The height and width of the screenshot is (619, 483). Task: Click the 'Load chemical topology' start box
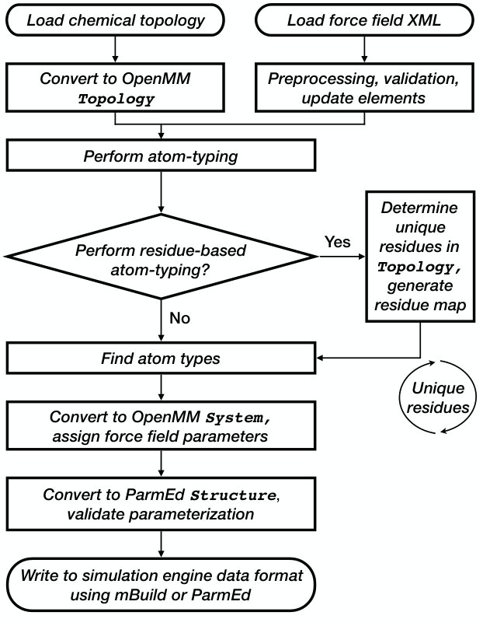click(x=115, y=20)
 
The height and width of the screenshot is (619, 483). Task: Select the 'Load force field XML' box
click(x=364, y=20)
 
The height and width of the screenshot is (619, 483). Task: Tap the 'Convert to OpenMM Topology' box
click(x=115, y=87)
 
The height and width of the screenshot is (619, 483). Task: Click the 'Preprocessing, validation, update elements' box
click(x=364, y=87)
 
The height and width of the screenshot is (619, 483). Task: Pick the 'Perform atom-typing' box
click(x=161, y=156)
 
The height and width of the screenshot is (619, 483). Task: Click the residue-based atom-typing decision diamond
click(x=161, y=256)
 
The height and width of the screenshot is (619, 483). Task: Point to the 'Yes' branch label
click(x=338, y=242)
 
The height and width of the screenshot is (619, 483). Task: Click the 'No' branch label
click(x=180, y=318)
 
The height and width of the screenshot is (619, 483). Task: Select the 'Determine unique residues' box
click(x=420, y=257)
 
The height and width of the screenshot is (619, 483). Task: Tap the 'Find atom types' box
click(x=161, y=358)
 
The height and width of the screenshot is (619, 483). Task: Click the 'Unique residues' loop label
click(x=438, y=397)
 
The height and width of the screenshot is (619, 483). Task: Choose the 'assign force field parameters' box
click(x=161, y=425)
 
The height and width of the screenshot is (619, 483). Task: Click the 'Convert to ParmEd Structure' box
click(x=161, y=504)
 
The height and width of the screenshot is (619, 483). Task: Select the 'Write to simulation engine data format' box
click(x=161, y=585)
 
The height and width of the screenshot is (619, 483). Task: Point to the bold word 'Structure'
click(x=234, y=495)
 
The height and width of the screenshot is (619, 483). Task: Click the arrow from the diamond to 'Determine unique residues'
click(x=342, y=257)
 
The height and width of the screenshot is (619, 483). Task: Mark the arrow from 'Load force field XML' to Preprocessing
click(x=364, y=49)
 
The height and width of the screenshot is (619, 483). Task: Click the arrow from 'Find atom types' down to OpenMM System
click(x=161, y=387)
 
